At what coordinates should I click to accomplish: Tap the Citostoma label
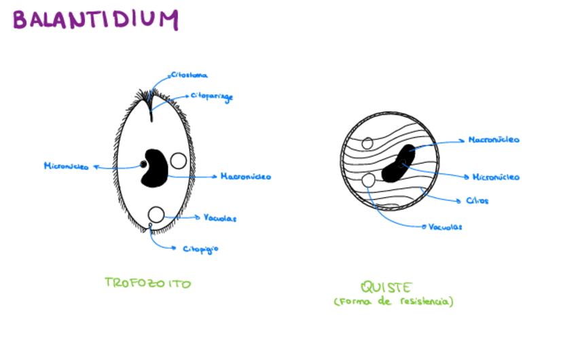[189, 75]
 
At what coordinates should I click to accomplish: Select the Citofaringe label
[211, 97]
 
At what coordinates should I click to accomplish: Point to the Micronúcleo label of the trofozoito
[66, 166]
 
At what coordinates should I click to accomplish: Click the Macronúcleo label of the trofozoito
[246, 177]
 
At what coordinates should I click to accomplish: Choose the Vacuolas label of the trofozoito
[220, 218]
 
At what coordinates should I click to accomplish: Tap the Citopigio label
[200, 249]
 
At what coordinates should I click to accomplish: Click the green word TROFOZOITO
[148, 283]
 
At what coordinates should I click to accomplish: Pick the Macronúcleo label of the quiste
[494, 140]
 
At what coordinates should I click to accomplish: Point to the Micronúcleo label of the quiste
[495, 177]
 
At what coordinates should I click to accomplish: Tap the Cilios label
[478, 200]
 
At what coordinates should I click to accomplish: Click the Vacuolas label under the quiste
[446, 227]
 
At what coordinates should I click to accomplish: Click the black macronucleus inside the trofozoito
[155, 167]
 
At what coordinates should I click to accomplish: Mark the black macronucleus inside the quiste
[399, 164]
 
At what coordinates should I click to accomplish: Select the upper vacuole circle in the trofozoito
[179, 161]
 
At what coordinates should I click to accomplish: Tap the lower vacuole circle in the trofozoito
[156, 215]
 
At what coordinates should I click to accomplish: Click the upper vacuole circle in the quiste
[367, 143]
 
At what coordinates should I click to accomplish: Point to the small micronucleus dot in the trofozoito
[143, 164]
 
